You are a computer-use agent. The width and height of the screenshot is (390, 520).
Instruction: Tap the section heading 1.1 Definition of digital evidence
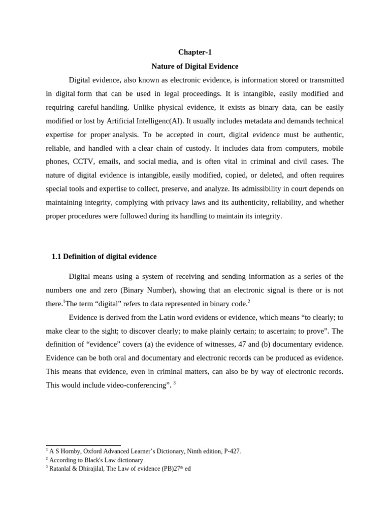pos(104,256)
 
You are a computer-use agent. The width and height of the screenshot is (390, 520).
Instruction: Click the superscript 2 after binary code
pos(249,302)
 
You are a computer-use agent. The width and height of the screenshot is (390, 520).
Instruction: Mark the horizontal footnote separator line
pos(83,445)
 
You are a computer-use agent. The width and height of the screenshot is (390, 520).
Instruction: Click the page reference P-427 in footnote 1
pos(232,451)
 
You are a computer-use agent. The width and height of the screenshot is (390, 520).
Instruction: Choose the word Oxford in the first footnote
pos(94,451)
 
